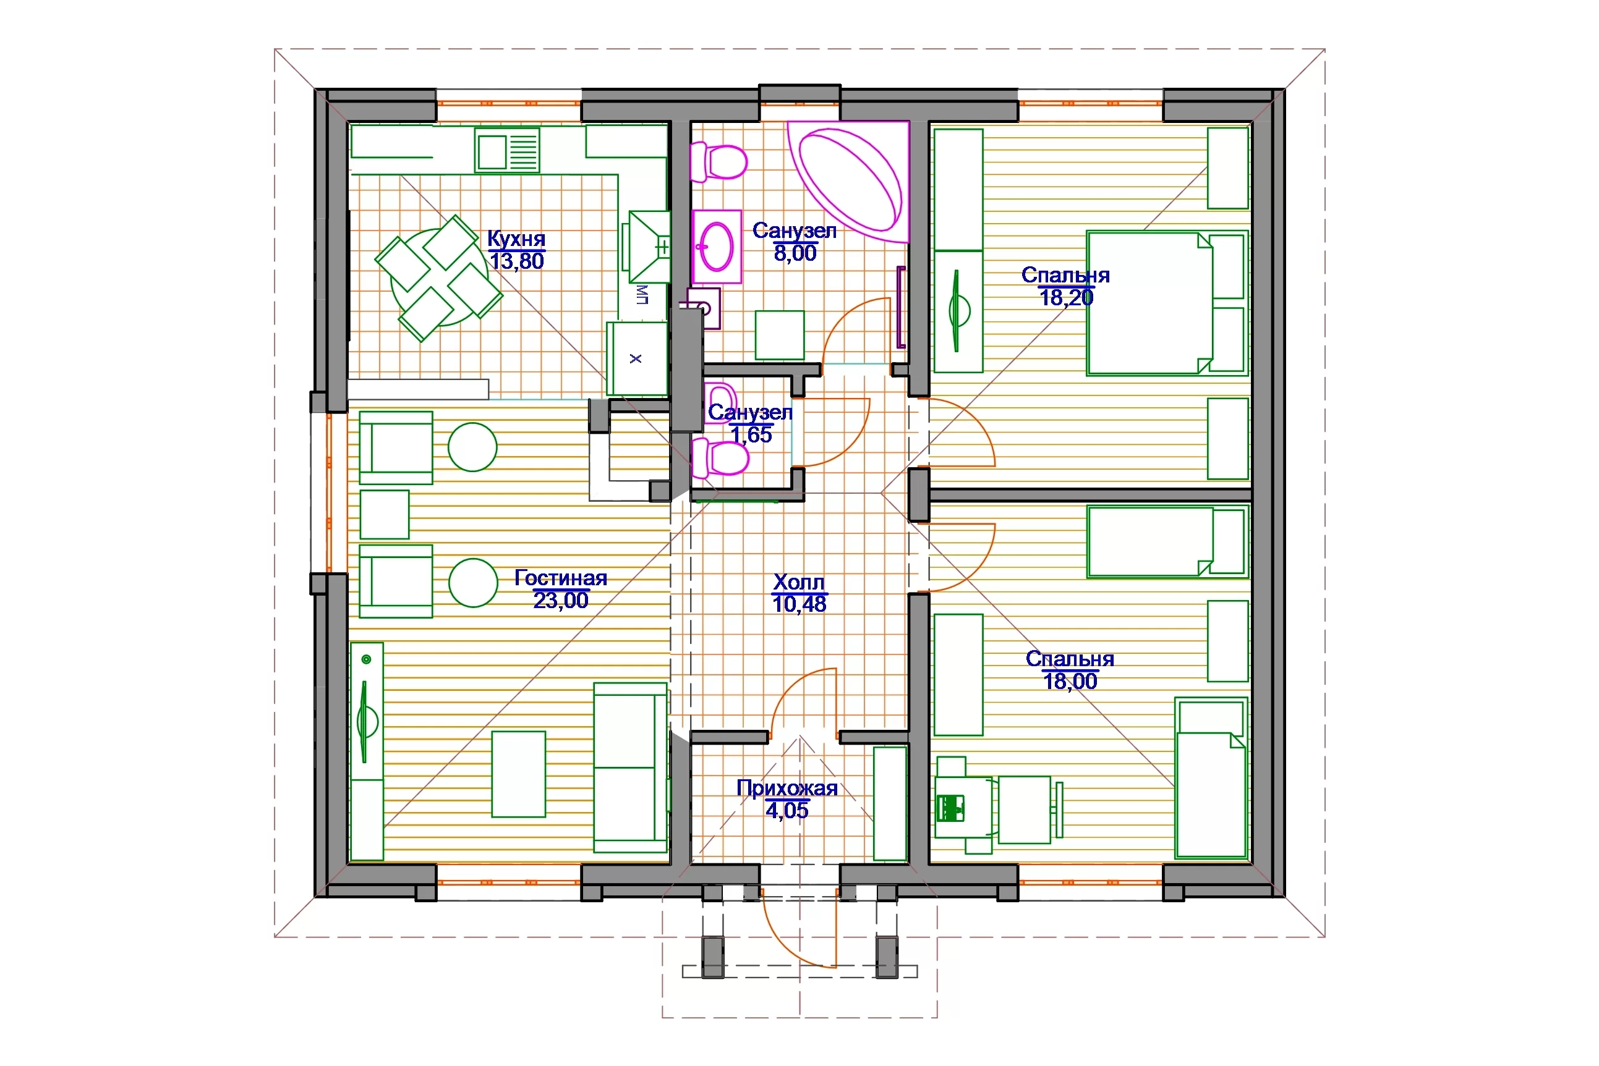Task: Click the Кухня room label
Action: click(x=516, y=239)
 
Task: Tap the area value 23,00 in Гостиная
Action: click(x=560, y=600)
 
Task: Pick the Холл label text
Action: click(x=799, y=582)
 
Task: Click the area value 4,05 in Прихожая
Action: click(x=787, y=810)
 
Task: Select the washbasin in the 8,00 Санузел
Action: click(x=717, y=246)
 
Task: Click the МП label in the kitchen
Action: click(x=642, y=294)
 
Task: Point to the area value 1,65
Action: click(x=751, y=434)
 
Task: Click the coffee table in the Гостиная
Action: click(x=518, y=774)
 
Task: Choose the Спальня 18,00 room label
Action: click(x=1070, y=670)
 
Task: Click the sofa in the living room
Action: click(x=631, y=768)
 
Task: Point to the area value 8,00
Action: click(x=795, y=253)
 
